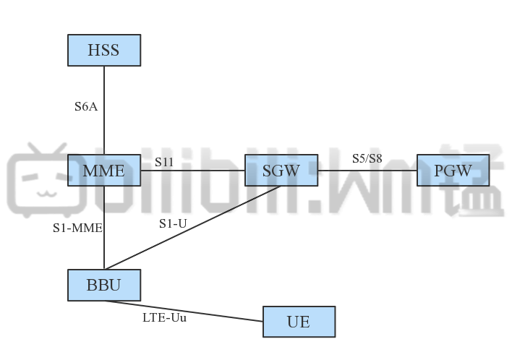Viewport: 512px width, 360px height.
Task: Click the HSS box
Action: (103, 50)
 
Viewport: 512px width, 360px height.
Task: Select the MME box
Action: (103, 171)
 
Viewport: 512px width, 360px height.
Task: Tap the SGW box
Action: (281, 171)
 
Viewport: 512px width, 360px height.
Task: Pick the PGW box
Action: (453, 171)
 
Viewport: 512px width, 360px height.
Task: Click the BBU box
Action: (103, 285)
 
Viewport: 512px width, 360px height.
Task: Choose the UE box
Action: (299, 322)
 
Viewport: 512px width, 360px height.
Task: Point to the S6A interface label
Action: (86, 106)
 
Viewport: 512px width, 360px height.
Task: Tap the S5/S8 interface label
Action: (367, 158)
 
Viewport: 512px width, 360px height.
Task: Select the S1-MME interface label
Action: (77, 227)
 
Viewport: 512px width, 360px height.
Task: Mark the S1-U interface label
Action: (173, 223)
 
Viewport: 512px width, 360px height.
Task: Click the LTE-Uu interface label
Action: (165, 317)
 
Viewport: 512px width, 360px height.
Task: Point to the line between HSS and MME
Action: (104, 123)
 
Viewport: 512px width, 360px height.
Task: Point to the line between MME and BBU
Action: (104, 246)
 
